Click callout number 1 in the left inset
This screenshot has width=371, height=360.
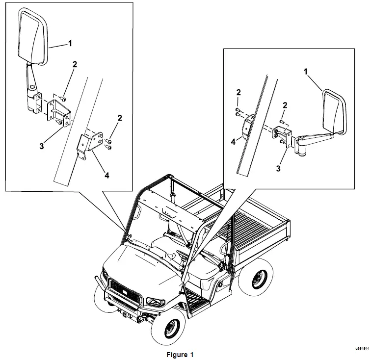coord(70,43)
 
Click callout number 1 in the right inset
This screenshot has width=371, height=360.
coord(306,72)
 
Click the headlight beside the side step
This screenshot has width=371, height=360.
coord(153,299)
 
